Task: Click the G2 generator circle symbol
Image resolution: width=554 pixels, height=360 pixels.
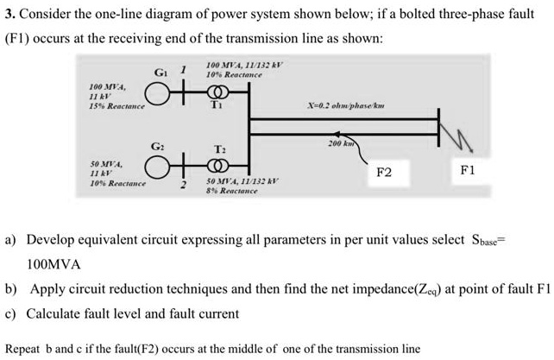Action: [156, 164]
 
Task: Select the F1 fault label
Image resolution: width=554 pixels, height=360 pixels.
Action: [467, 171]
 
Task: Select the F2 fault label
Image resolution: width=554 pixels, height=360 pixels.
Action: [385, 172]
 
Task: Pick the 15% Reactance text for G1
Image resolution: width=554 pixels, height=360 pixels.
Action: [116, 105]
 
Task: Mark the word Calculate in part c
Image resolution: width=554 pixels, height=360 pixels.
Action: [54, 314]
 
